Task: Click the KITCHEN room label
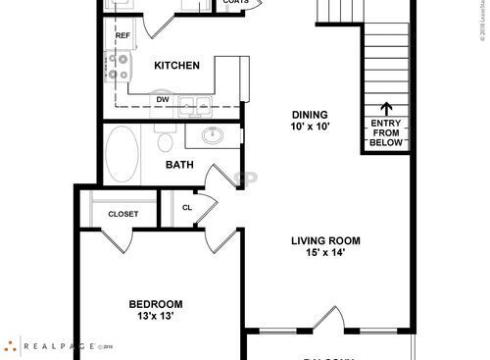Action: (177, 66)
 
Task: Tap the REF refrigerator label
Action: (122, 36)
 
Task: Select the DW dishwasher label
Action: (161, 98)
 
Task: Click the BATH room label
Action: (177, 165)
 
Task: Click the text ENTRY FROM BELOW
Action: (386, 132)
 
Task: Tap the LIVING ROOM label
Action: (325, 240)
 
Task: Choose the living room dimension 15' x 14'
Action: (325, 253)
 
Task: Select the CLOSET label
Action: (122, 214)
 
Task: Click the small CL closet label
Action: (186, 207)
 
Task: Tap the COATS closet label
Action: (235, 3)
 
